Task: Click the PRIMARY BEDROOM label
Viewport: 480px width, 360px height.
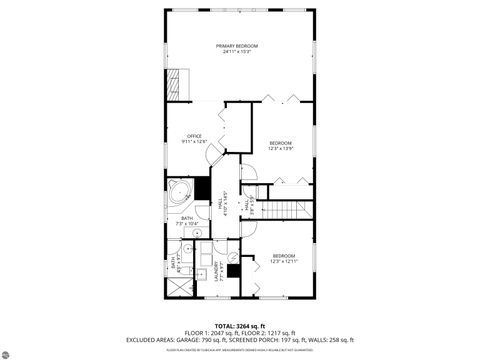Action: coord(237,46)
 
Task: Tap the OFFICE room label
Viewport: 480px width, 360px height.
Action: coord(194,136)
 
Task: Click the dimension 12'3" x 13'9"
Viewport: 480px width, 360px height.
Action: coord(281,148)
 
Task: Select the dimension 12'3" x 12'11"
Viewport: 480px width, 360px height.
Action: coord(284,261)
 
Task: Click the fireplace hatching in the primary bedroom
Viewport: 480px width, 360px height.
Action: coord(179,81)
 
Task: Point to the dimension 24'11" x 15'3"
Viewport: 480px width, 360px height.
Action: coord(237,52)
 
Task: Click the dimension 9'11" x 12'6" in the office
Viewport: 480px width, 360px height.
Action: coord(194,142)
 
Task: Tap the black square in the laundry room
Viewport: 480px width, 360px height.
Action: coord(232,267)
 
